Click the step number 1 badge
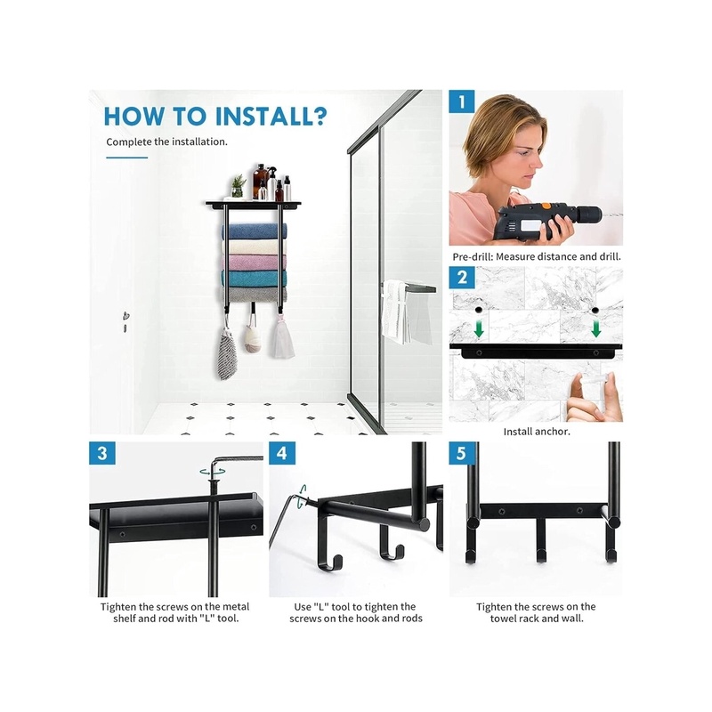[462, 101]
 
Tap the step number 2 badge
[462, 278]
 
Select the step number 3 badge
[102, 453]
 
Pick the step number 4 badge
[282, 453]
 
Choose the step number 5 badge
[461, 453]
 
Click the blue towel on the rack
[255, 231]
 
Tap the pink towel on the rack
[255, 263]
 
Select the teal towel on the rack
[255, 279]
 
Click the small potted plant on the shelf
[238, 186]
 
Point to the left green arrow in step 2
[479, 329]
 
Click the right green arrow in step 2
[596, 328]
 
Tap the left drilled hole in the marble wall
[478, 310]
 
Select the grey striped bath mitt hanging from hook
[227, 353]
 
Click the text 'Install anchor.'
[537, 432]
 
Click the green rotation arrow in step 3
[212, 473]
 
